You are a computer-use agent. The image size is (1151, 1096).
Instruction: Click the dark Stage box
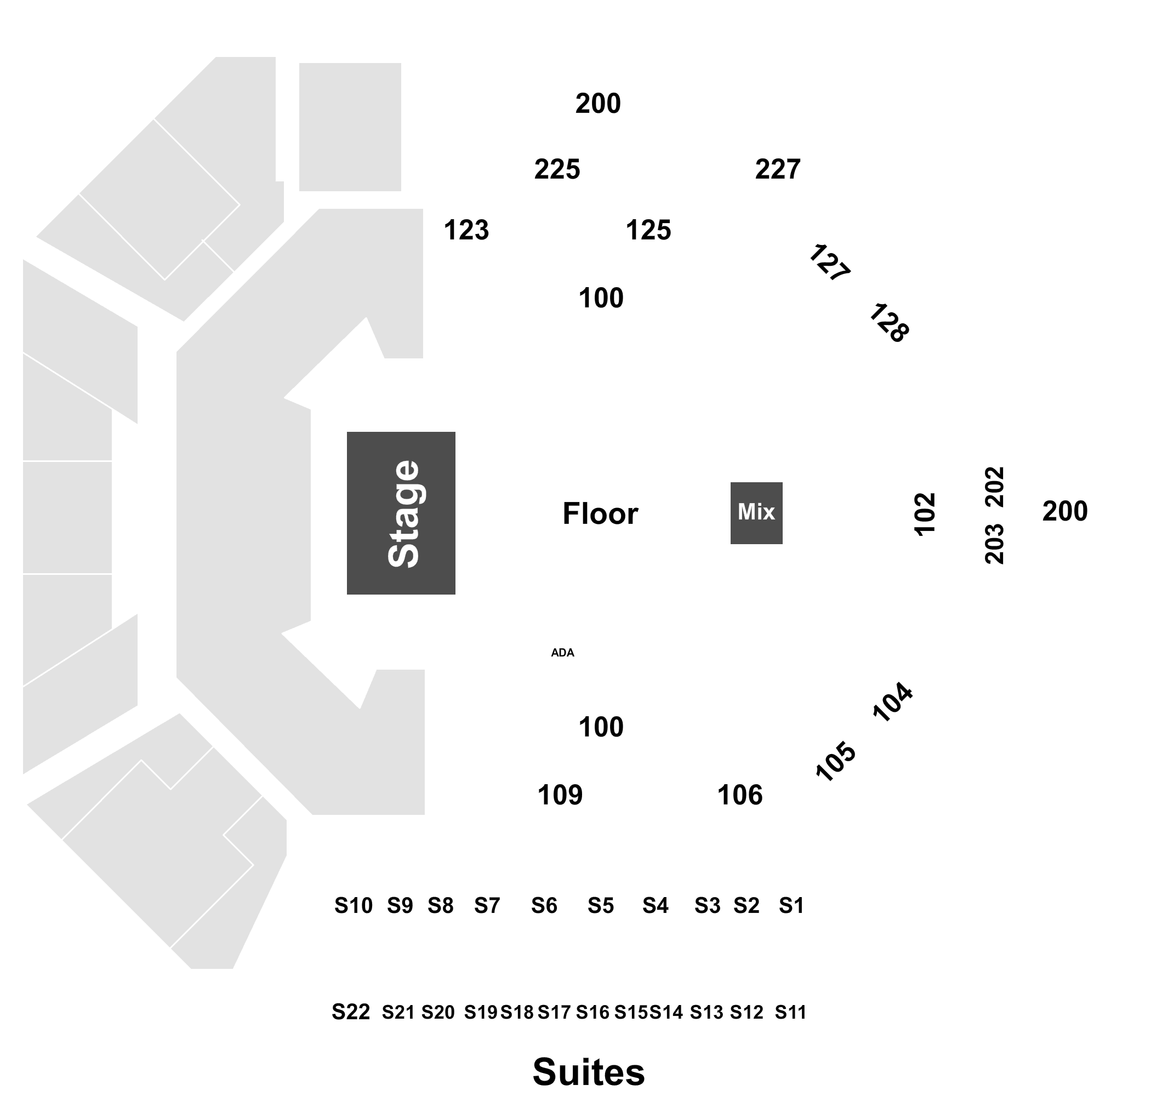(401, 513)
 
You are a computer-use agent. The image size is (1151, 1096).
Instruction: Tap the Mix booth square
(756, 513)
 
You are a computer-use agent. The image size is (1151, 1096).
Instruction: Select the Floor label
(600, 513)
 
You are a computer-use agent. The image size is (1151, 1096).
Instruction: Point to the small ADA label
(563, 653)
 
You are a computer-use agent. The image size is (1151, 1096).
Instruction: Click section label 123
(466, 230)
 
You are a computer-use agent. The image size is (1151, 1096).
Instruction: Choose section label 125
(648, 230)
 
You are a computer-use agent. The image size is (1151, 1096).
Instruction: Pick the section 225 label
(557, 169)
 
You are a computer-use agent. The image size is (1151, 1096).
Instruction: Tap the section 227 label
(778, 169)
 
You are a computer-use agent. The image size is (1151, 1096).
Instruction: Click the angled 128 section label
(888, 323)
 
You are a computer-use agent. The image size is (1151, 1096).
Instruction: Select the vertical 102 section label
(925, 514)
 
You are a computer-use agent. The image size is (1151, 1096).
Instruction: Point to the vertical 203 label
(994, 544)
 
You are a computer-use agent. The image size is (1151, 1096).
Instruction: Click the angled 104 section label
(892, 702)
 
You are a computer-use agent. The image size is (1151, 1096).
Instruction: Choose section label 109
(560, 795)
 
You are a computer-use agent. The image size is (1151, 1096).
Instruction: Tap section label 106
(740, 795)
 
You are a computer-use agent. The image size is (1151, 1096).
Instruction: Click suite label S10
(354, 905)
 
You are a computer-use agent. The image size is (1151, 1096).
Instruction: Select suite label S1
(791, 905)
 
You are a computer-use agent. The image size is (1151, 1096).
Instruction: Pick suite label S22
(351, 1011)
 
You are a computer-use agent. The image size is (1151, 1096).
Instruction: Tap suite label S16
(592, 1012)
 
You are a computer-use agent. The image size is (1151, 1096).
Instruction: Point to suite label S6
(544, 905)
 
